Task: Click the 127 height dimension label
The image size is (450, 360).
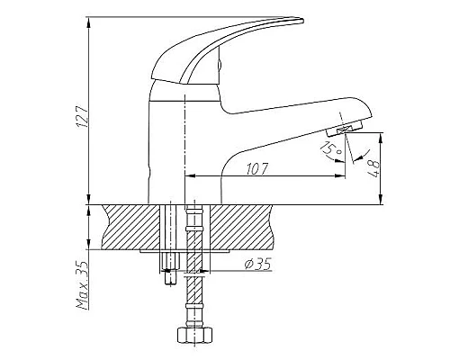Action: [83, 115]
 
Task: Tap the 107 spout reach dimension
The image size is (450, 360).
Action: [256, 169]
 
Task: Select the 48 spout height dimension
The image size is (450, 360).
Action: [373, 168]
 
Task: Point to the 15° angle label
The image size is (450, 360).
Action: [331, 149]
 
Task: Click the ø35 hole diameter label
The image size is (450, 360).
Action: [258, 264]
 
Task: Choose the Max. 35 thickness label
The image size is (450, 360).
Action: [83, 285]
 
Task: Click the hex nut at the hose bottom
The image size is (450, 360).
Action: [195, 335]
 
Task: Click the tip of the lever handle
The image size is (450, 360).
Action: [302, 21]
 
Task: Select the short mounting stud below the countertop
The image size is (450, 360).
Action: [171, 268]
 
